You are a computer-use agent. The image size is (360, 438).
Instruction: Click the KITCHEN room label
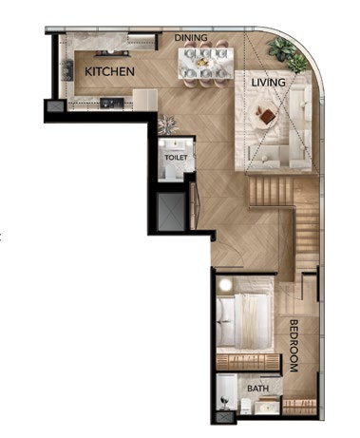(x=109, y=71)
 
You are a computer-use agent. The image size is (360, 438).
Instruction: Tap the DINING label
(x=191, y=38)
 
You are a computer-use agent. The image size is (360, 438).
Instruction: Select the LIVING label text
(x=269, y=83)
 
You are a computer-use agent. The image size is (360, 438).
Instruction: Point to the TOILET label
(x=176, y=158)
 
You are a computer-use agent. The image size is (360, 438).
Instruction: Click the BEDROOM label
(x=294, y=346)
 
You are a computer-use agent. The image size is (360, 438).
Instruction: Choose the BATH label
(x=258, y=389)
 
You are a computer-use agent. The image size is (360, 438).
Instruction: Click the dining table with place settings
(x=206, y=63)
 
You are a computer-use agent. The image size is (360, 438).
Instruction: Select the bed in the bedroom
(x=245, y=320)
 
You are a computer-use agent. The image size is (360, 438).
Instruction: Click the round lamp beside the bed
(x=226, y=285)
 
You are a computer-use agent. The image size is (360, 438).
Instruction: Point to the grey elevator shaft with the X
(x=171, y=212)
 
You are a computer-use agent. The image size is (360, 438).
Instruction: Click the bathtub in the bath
(x=227, y=391)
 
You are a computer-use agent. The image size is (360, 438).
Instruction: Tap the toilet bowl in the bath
(x=245, y=405)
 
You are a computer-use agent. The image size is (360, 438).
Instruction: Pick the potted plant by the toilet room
(x=168, y=124)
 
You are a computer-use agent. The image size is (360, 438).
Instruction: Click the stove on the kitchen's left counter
(x=68, y=70)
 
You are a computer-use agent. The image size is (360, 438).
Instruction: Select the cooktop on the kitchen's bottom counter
(x=111, y=102)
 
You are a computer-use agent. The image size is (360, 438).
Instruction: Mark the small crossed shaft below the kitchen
(x=55, y=106)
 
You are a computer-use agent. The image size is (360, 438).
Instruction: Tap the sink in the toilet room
(x=176, y=144)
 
